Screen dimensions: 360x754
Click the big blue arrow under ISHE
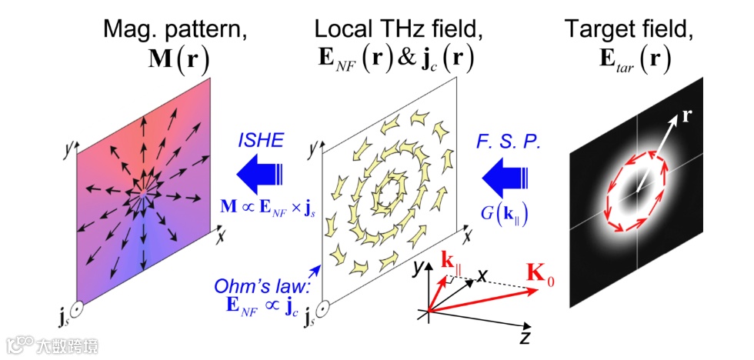tap(262, 175)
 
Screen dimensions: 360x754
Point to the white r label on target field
tap(686, 118)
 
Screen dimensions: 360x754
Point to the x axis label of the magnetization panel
tap(220, 237)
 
